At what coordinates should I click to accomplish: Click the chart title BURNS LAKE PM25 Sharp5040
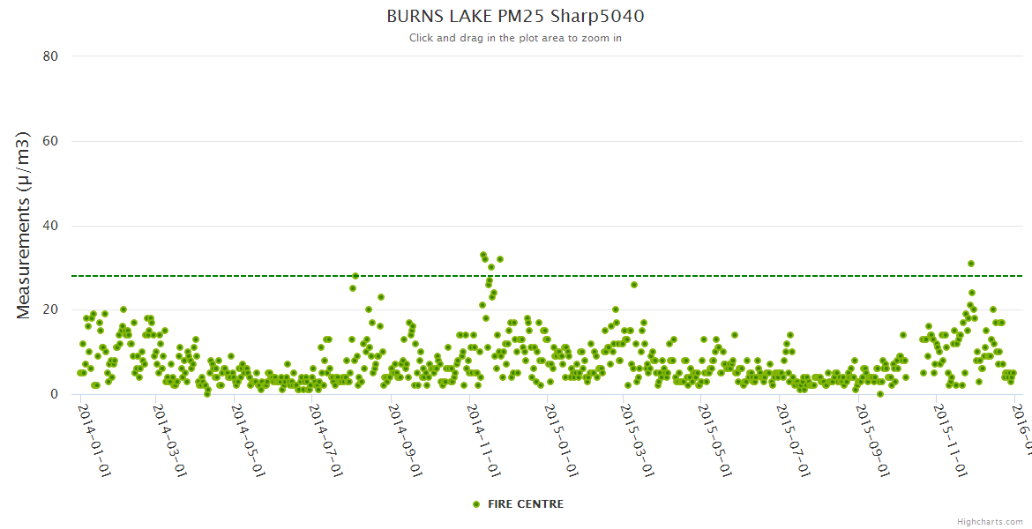515,16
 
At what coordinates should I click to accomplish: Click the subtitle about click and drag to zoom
515,38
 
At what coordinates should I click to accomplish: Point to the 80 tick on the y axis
50,56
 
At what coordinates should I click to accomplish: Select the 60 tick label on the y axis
50,141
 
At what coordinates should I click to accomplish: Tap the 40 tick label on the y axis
50,226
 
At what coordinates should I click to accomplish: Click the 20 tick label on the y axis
50,310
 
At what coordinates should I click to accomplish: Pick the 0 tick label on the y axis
54,395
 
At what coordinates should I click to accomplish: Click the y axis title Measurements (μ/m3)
24,225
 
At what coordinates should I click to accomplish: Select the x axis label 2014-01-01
93,441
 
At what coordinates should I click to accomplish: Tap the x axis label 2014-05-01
247,441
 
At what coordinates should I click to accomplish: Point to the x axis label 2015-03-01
636,441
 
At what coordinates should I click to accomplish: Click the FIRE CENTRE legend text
526,504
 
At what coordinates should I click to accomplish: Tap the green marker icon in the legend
476,504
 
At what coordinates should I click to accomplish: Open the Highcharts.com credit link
990,522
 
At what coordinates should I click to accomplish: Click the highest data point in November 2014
483,255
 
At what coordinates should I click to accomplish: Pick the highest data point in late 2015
970,264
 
